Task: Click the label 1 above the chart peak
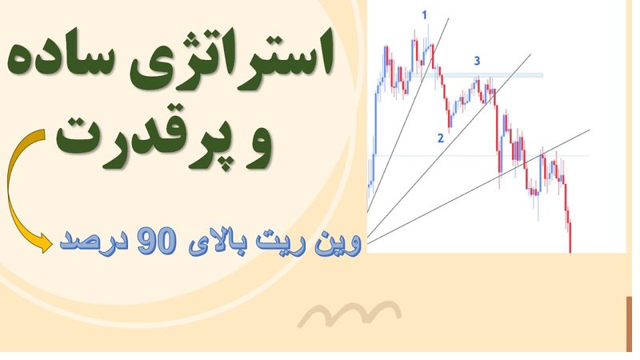425,14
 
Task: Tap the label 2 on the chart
440,138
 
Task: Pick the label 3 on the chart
477,60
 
